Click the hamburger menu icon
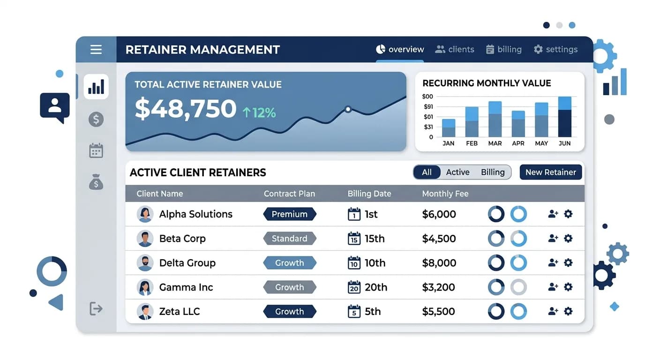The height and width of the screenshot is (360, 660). point(96,49)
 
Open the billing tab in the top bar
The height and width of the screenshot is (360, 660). point(504,49)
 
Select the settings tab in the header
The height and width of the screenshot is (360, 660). point(555,49)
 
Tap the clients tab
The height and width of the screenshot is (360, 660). point(455,49)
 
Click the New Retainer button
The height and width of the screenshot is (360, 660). point(550,172)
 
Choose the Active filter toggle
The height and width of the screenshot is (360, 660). point(457,172)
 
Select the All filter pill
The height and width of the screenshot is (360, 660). point(427,172)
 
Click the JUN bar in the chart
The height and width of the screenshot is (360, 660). point(564,117)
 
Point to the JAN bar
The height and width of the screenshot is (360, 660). point(449,128)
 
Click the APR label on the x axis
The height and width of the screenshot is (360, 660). point(518,143)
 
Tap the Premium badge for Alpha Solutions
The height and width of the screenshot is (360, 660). point(290,214)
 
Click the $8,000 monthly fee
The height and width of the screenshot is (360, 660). point(439,263)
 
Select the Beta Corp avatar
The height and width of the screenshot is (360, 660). point(145,239)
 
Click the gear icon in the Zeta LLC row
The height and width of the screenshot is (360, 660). point(568,311)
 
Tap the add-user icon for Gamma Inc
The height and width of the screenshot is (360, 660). point(553,287)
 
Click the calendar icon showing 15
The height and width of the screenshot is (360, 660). point(354,239)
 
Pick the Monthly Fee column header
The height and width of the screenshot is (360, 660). point(445,194)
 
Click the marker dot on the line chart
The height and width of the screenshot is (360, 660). point(348,109)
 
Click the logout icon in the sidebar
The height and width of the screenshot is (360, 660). point(96,308)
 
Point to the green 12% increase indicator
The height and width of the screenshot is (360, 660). point(259,112)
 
